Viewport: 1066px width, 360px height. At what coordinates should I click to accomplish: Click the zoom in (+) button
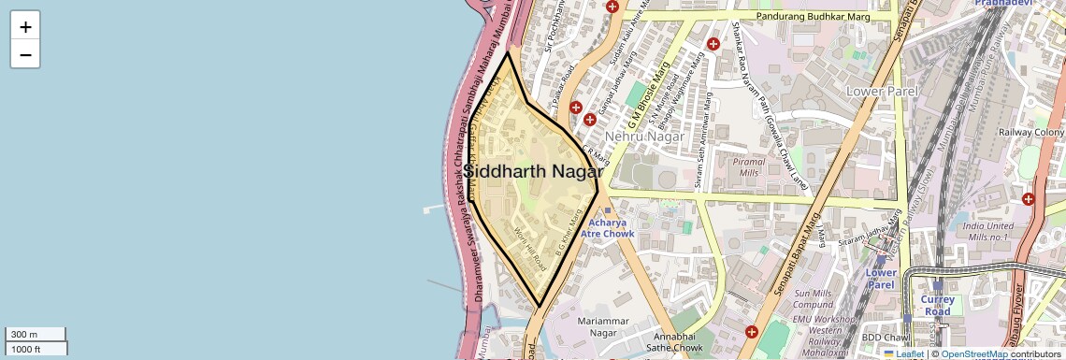tap(25, 27)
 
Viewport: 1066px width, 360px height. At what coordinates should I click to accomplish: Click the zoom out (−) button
tap(25, 54)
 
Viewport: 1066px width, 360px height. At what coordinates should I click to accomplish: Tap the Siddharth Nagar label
tap(532, 172)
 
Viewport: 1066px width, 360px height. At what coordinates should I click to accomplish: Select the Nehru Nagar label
tap(641, 137)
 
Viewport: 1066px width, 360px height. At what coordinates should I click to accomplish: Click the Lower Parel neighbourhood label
tap(882, 92)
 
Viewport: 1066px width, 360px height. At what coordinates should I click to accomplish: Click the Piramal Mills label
tap(749, 166)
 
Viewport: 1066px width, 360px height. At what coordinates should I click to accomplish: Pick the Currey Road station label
tap(937, 306)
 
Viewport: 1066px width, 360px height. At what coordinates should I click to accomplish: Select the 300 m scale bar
tap(35, 335)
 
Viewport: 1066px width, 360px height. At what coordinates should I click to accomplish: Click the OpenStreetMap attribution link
tap(973, 353)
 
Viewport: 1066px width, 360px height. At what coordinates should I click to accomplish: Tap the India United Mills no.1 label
tap(987, 232)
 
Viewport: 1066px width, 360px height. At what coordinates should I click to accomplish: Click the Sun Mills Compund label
tap(813, 299)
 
